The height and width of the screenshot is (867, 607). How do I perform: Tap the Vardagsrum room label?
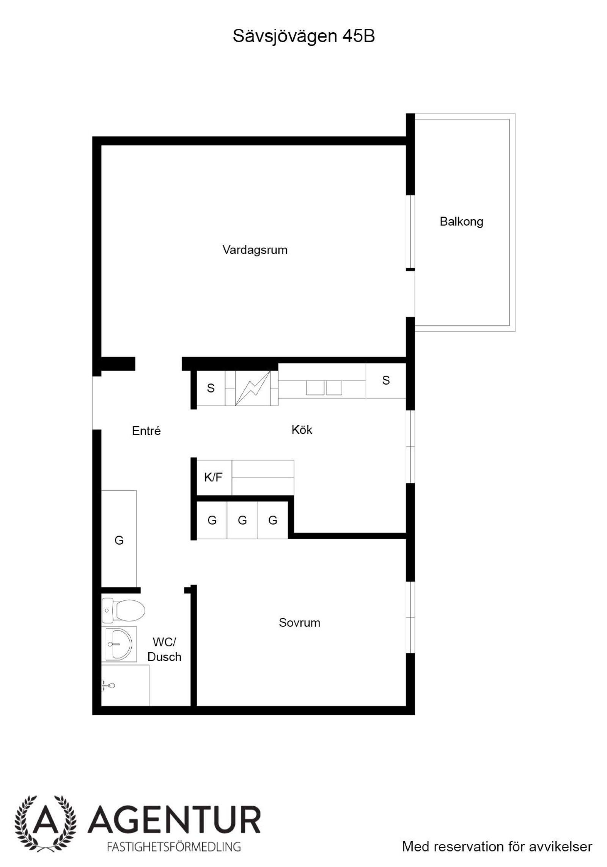255,250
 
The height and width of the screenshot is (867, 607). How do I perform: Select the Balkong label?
461,221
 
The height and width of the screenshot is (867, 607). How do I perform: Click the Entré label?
146,430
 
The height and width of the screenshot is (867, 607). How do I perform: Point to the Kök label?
302,430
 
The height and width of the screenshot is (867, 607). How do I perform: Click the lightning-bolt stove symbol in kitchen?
252,388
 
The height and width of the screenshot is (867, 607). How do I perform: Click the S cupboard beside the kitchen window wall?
386,380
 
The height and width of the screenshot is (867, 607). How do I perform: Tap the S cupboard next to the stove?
211,388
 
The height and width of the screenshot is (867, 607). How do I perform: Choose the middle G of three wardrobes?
242,520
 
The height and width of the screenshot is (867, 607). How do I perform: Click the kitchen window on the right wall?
410,447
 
